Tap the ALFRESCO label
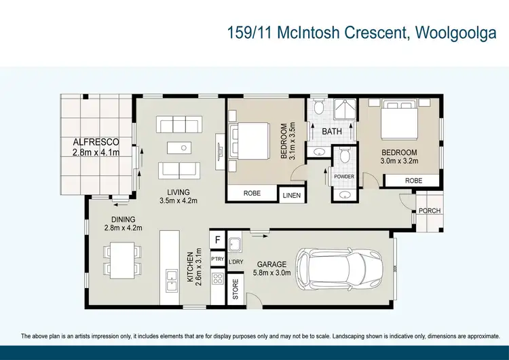click(96, 142)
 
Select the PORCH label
click(429, 211)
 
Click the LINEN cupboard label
click(292, 195)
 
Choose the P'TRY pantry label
click(218, 259)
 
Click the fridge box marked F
click(218, 240)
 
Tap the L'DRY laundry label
click(236, 262)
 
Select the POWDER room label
click(344, 177)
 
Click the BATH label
click(332, 131)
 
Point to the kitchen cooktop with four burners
click(218, 278)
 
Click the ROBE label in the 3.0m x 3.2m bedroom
click(413, 181)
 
